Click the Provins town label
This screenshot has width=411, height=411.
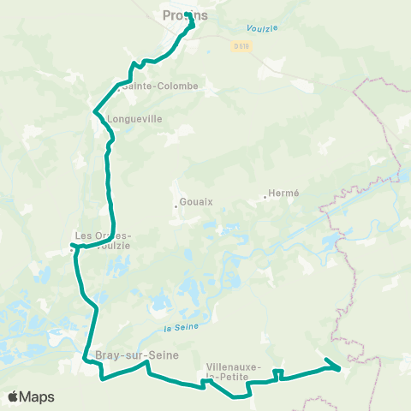(x=179, y=15)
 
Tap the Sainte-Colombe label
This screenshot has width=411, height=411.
(x=159, y=86)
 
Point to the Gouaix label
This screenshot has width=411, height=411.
(x=196, y=203)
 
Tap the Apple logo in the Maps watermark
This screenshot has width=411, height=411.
(x=14, y=397)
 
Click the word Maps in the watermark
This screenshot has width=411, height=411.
(x=38, y=397)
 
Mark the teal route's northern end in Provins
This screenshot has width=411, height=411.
(x=187, y=15)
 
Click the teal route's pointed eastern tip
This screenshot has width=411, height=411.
(x=340, y=368)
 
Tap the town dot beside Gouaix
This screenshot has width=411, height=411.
(x=175, y=204)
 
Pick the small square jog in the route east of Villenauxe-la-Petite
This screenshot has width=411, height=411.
(x=278, y=372)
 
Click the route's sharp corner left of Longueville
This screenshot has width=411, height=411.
(x=93, y=110)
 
